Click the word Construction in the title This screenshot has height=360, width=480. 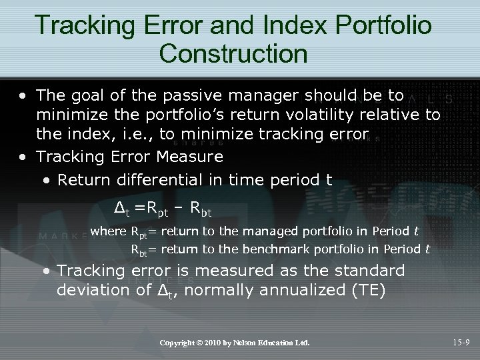click(233, 53)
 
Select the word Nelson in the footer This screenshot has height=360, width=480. click(257, 343)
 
